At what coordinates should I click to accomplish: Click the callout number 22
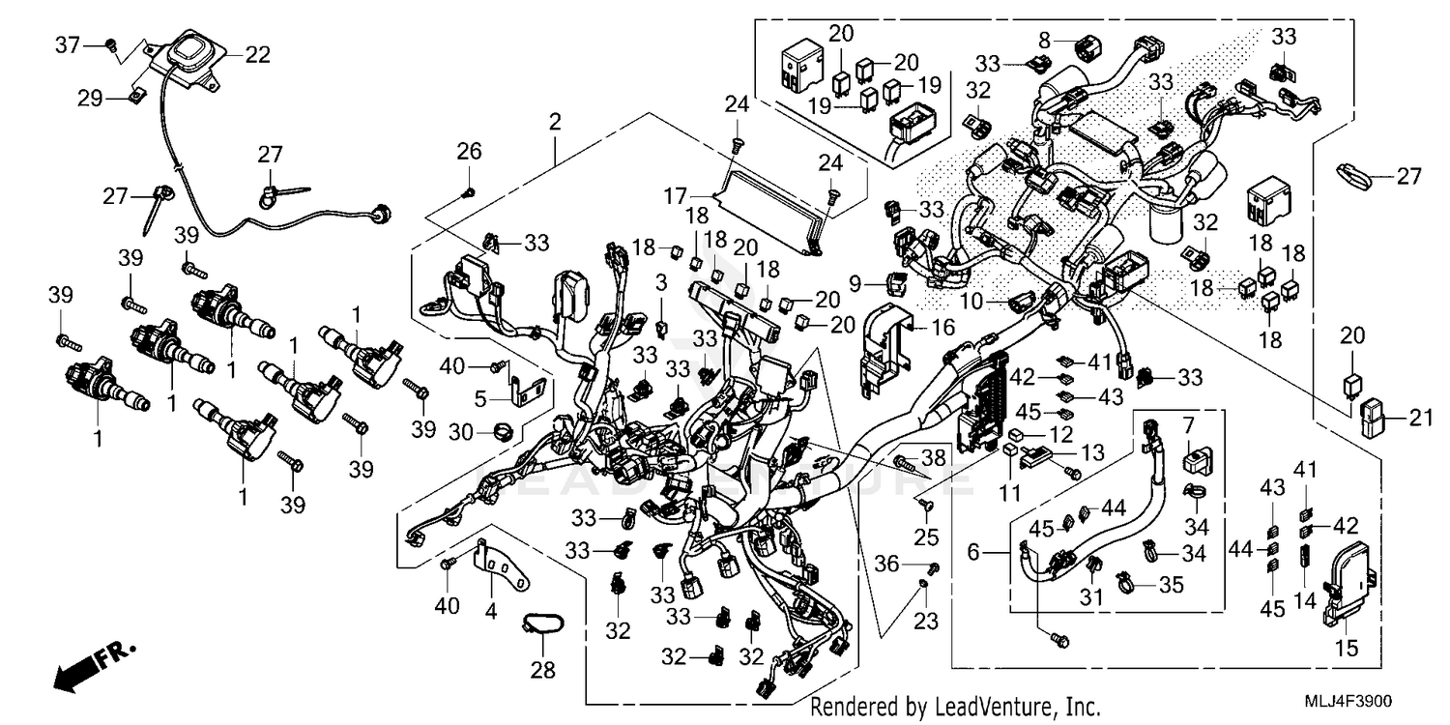(257, 55)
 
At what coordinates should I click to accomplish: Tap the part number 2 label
(555, 123)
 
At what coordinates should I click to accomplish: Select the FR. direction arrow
(93, 666)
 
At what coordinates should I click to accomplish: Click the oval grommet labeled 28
(544, 625)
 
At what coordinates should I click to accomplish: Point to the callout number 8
(1044, 40)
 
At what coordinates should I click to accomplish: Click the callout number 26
(469, 151)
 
